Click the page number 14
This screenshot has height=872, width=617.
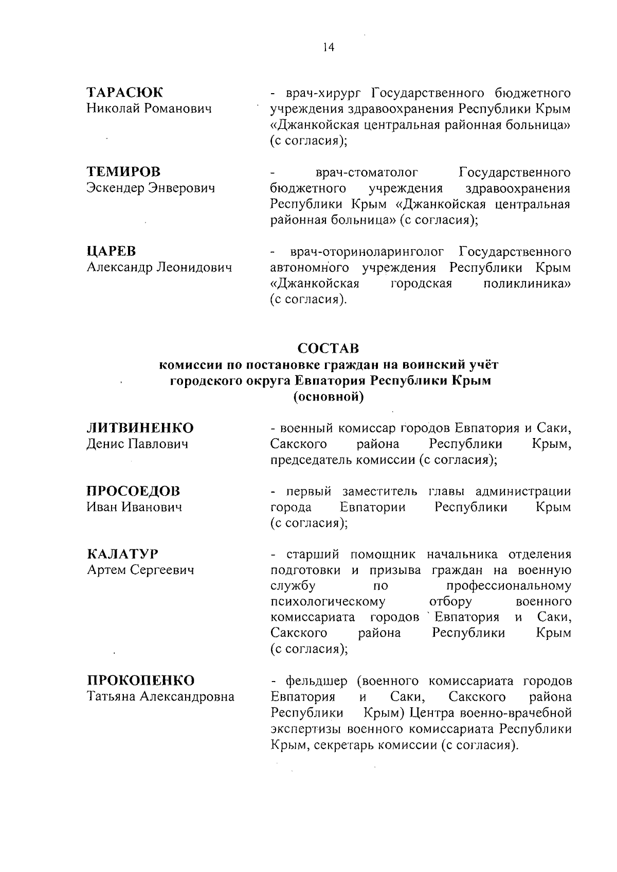coord(329,47)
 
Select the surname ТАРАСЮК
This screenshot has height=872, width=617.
coord(124,93)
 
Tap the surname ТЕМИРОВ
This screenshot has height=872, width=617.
coord(123,172)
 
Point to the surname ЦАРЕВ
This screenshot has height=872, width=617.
coord(112,251)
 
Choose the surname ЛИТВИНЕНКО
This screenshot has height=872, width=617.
coord(140,428)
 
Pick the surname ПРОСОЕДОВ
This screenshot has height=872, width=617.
coord(133,491)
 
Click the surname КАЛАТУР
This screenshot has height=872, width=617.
coord(122,554)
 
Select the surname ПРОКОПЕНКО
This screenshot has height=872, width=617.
coord(140,681)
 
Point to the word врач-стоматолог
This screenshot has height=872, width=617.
coord(367,172)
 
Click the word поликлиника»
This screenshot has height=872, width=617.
coord(527,284)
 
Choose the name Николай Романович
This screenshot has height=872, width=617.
coord(149,109)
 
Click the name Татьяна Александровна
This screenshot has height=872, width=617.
coord(160,697)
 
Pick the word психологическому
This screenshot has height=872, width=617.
coord(328,602)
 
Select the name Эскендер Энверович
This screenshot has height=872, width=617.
coord(150,188)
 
